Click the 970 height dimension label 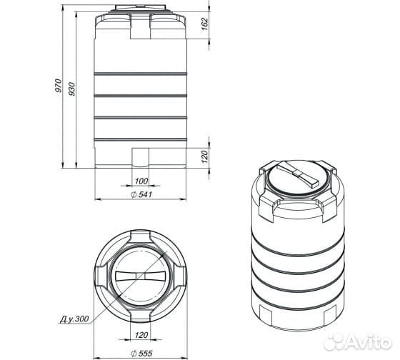[x=59, y=86]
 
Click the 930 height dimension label [x=72, y=89]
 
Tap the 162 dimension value [x=206, y=24]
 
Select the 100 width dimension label [x=141, y=181]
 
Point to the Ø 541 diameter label [x=141, y=194]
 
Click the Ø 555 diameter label [x=141, y=354]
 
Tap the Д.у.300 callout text [x=74, y=319]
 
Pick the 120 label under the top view [x=141, y=335]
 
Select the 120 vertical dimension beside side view [x=205, y=156]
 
